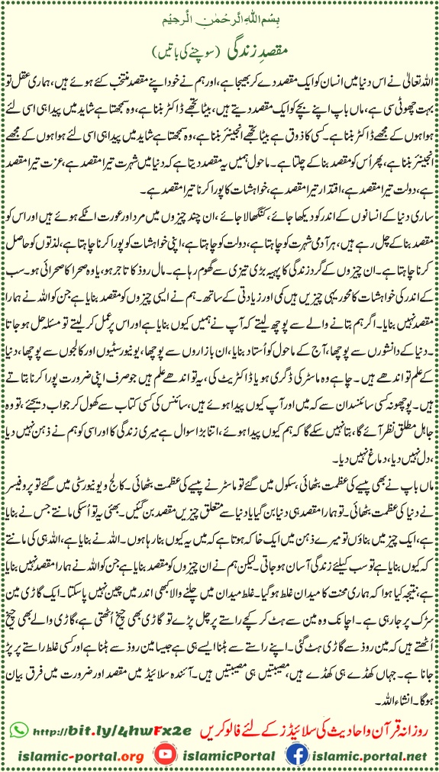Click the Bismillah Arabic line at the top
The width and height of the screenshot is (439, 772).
[220, 15]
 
